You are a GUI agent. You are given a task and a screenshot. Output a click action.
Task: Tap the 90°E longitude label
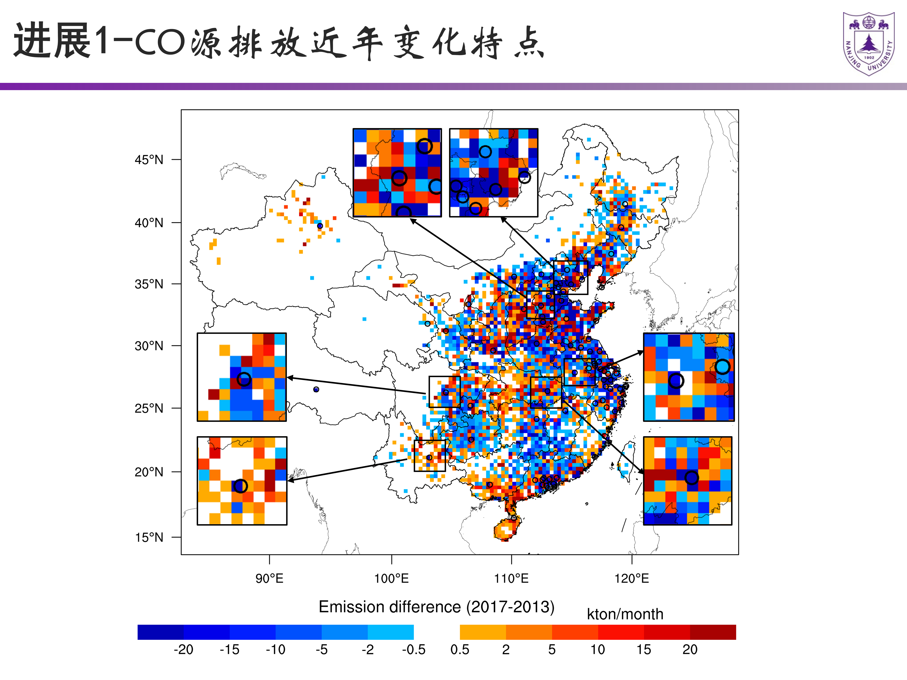click(269, 578)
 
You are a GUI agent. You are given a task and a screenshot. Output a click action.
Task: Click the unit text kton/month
click(625, 614)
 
